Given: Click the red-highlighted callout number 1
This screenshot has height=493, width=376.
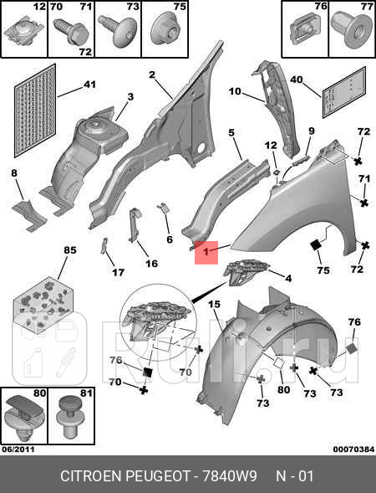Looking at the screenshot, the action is click(x=206, y=252).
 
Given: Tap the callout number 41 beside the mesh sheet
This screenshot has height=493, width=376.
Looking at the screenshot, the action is click(x=89, y=85).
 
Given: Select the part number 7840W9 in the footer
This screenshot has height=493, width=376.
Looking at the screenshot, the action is click(x=230, y=476).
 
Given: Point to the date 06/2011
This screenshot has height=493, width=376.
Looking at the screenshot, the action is click(x=18, y=449).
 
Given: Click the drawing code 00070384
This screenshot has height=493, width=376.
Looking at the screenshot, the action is click(x=353, y=449).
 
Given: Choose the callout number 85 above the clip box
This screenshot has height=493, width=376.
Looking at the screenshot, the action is click(x=70, y=250).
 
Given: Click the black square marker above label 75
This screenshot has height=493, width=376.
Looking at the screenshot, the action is click(x=316, y=245).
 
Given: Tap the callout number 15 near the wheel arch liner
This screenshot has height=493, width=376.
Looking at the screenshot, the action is click(x=214, y=304).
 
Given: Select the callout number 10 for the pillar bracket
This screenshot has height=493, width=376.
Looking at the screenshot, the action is click(x=235, y=91).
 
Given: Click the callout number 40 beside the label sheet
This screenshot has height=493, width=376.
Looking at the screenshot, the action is click(x=297, y=80).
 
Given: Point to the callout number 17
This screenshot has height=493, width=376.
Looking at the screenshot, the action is click(x=118, y=272).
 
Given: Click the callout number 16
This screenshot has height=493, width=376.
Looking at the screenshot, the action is click(x=151, y=264).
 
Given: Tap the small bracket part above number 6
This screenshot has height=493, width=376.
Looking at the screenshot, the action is click(x=163, y=208).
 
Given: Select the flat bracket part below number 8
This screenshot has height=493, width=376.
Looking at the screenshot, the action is click(x=29, y=215).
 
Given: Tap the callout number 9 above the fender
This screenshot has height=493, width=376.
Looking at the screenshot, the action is click(x=312, y=131).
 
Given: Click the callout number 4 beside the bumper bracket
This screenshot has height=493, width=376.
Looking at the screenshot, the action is click(x=288, y=278).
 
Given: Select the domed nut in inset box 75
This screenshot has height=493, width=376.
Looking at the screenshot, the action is click(x=165, y=29).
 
